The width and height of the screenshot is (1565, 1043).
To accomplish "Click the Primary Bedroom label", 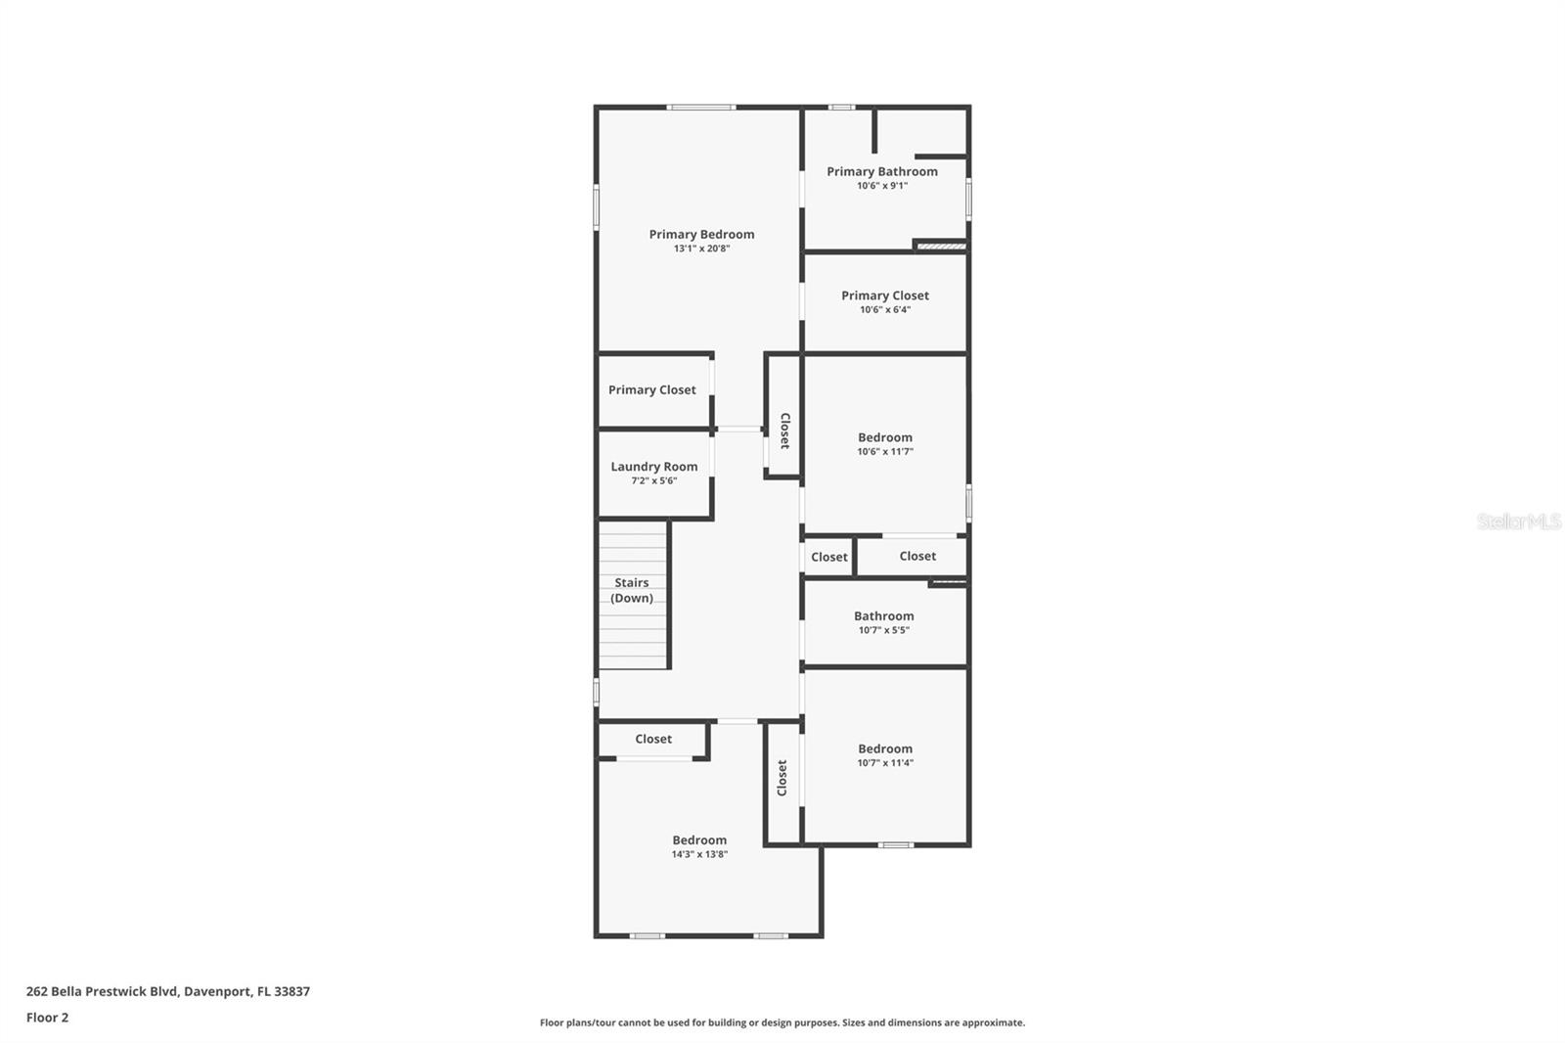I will tap(701, 234).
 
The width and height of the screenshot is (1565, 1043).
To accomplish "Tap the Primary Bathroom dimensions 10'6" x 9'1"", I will tap(882, 186).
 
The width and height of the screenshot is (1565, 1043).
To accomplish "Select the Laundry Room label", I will tap(654, 467).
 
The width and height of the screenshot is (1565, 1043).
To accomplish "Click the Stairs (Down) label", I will tap(632, 590).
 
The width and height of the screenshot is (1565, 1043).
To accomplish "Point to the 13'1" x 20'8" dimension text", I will tap(701, 249).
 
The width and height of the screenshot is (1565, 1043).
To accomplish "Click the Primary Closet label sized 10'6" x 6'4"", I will tap(885, 295).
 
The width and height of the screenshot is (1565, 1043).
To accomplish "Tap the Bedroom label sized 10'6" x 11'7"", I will tap(885, 437).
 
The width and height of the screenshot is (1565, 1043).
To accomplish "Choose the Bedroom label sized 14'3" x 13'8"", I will tap(699, 839).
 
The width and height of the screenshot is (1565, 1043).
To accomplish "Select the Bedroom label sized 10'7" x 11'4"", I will tap(885, 748).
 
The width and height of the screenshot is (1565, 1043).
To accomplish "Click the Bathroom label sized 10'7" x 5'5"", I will tap(884, 615).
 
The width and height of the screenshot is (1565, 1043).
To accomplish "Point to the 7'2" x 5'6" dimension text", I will tap(654, 481).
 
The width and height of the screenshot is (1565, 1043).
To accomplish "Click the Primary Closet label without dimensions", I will tap(652, 389).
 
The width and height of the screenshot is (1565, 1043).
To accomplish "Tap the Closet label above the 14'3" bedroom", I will tap(653, 739).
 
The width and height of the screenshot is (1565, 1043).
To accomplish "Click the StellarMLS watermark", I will tap(1518, 521).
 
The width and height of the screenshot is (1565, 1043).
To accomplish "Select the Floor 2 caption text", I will tap(48, 1018).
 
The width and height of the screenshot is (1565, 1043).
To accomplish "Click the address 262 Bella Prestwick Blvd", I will tap(168, 991).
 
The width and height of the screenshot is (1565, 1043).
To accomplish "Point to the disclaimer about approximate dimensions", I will tap(782, 1022).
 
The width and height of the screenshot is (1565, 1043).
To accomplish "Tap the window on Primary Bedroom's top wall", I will tap(700, 107).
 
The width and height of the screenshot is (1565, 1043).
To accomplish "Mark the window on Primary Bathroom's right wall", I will tap(968, 198).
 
